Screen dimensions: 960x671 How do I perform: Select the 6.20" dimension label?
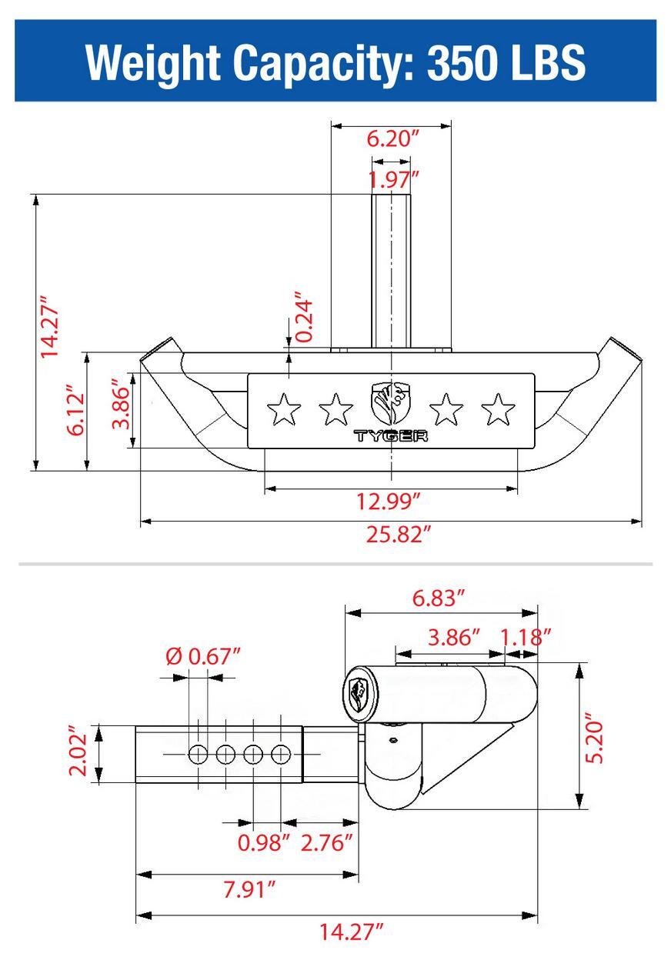coord(392,139)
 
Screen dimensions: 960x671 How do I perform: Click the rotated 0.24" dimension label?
coord(305,316)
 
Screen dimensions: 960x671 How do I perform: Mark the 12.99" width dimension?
coord(388,502)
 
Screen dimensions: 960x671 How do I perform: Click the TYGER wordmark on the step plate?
coord(390,437)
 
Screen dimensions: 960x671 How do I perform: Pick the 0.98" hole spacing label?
coord(264,842)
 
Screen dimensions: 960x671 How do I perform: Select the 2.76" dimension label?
coord(326,842)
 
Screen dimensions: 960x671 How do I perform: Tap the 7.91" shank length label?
coord(249,890)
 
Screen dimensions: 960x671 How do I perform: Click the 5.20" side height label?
coord(596,736)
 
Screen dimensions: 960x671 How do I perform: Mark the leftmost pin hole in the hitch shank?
coord(198,755)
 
